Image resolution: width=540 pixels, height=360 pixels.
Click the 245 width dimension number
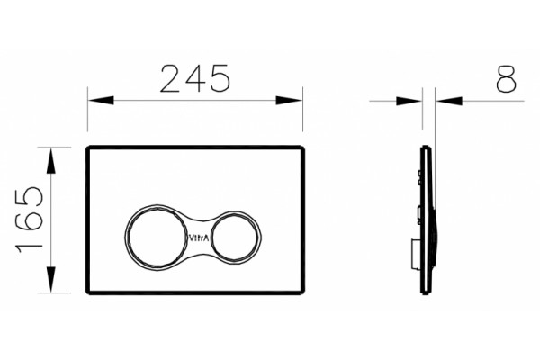click(195, 79)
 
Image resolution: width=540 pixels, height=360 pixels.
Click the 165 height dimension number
click(29, 220)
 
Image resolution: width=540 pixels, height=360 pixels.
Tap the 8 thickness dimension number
click(506, 79)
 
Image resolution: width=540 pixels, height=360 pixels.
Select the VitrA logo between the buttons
click(199, 238)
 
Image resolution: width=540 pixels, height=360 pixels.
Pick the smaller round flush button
click(234, 237)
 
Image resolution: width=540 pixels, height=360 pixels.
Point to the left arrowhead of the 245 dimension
click(101, 101)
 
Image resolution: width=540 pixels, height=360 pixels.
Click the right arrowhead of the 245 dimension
click(289, 101)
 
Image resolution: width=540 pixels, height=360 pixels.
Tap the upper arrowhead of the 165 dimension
click(51, 161)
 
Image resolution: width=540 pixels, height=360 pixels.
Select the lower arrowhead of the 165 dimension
click(51, 279)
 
